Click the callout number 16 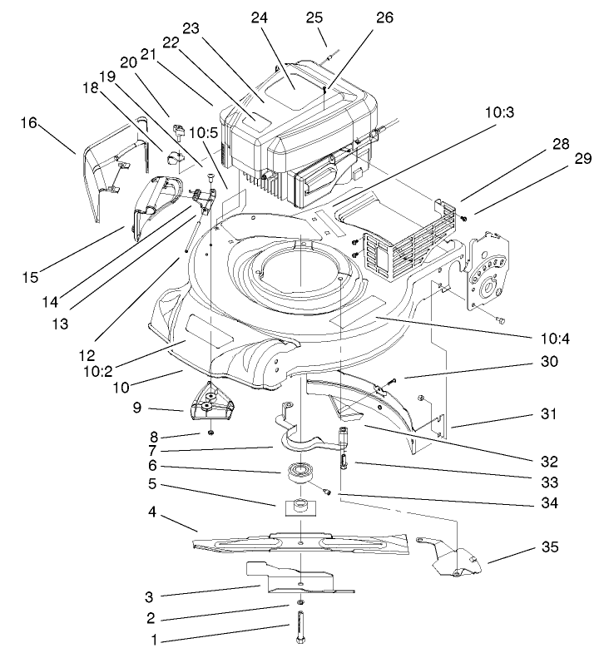point(30,122)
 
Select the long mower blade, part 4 point(300,542)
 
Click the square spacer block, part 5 point(300,505)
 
